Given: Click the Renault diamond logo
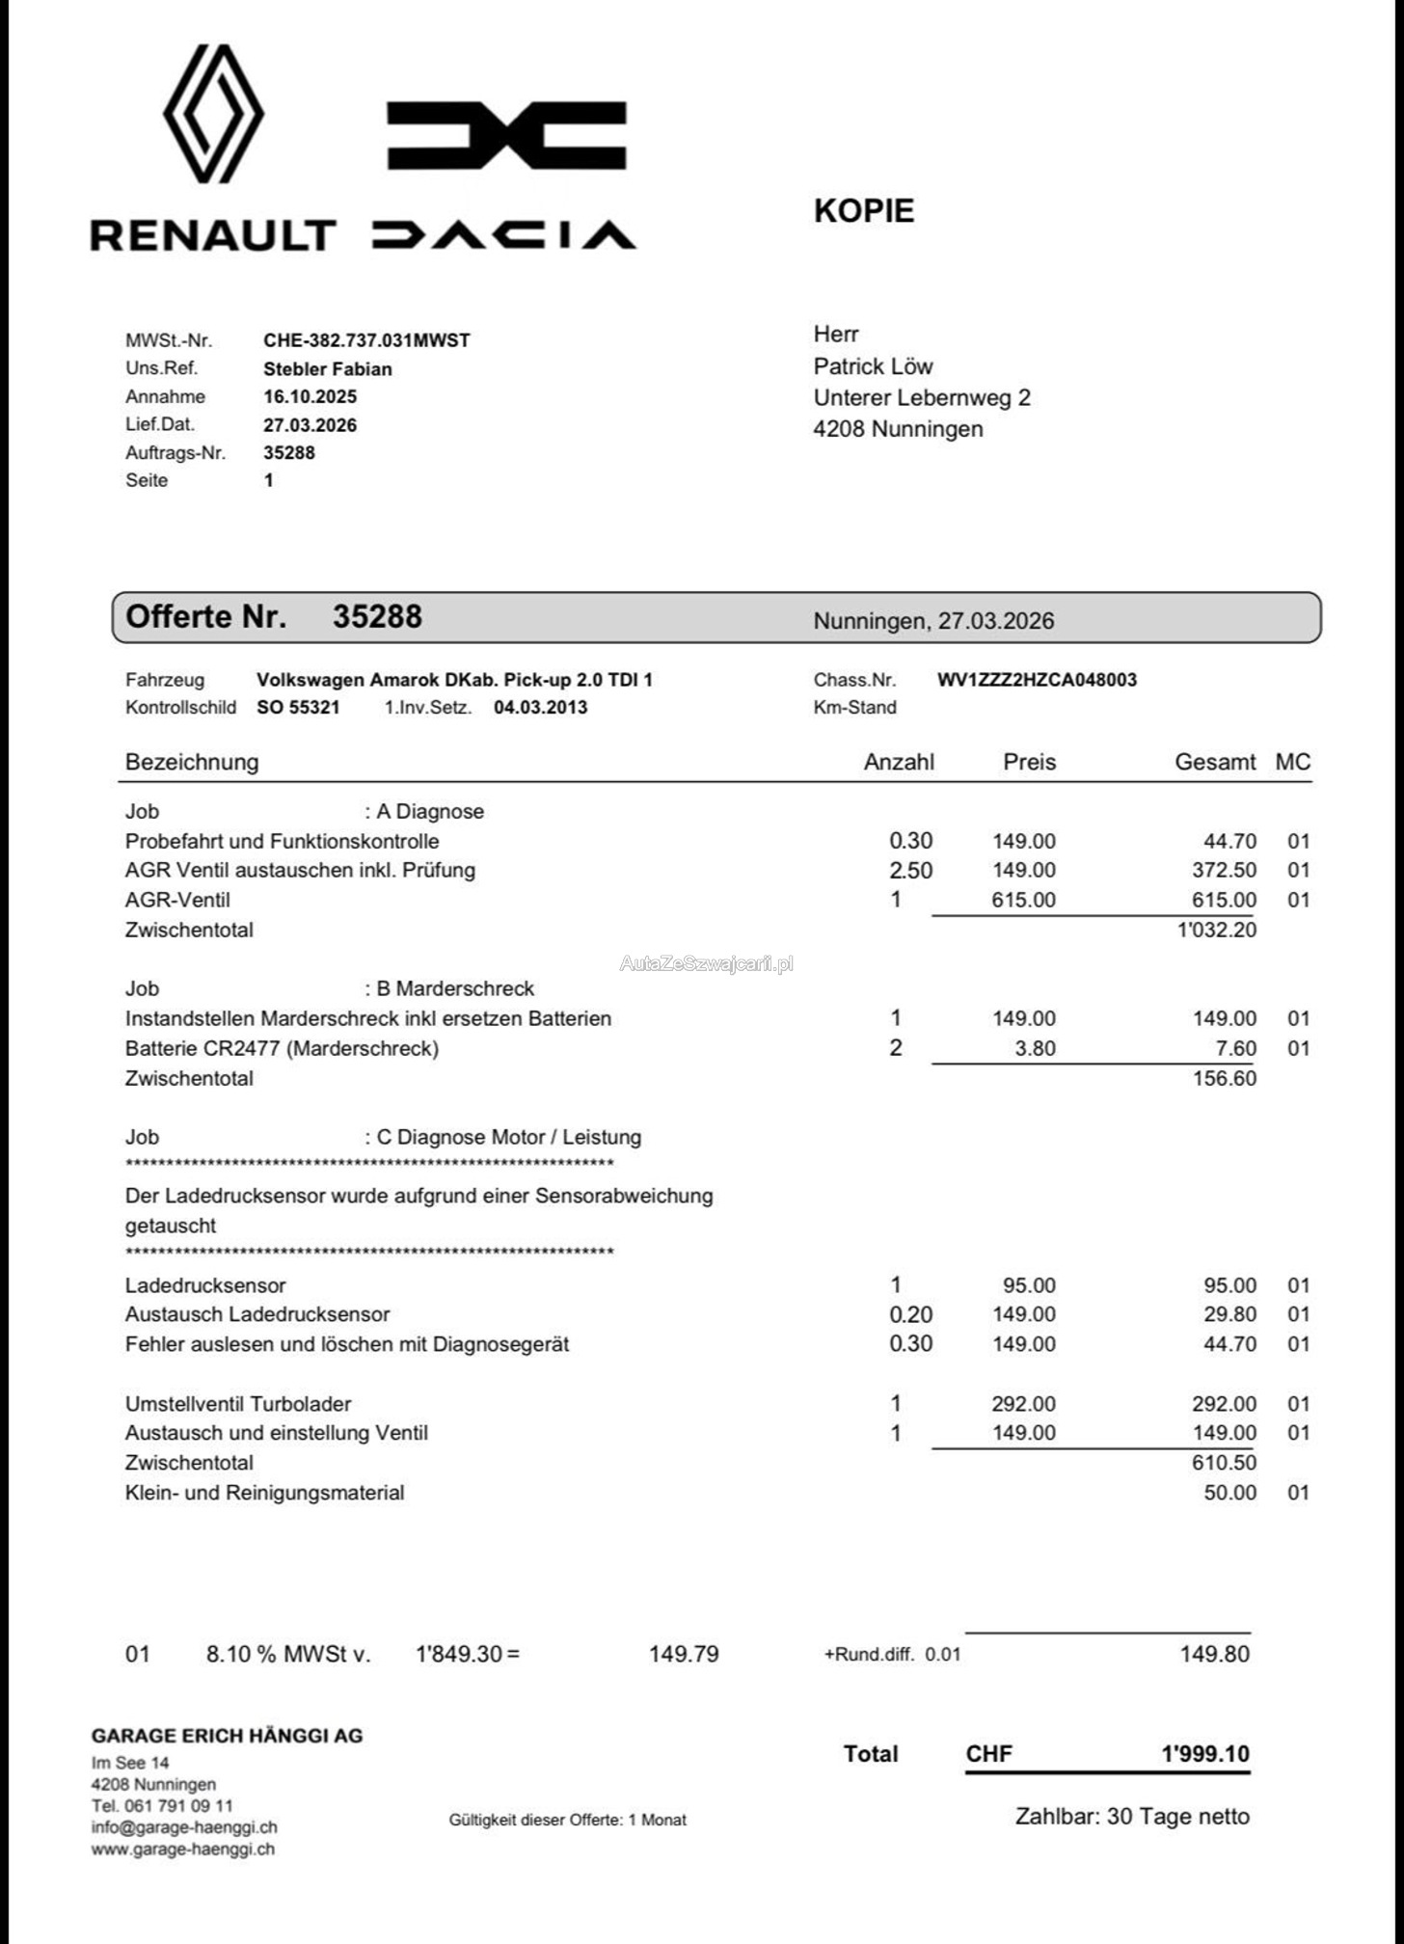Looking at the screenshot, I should click(x=213, y=114).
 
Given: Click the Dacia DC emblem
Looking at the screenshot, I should click(x=506, y=136).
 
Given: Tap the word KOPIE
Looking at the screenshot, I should click(x=863, y=211).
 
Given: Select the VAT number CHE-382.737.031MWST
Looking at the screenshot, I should click(x=366, y=340).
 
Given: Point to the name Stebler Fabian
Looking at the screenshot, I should click(x=327, y=368).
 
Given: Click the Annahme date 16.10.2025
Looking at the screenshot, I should click(x=310, y=396).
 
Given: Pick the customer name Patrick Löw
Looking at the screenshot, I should click(x=873, y=366).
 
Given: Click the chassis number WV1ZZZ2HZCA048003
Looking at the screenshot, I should click(x=1037, y=680).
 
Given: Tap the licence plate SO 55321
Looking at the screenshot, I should click(x=298, y=707).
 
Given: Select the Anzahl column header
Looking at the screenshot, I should click(x=899, y=762).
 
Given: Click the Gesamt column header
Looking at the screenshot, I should click(x=1214, y=762).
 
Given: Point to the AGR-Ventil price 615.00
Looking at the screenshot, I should click(x=1023, y=900).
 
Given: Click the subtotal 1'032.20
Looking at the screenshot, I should click(x=1217, y=930).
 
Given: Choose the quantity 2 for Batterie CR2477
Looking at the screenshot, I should click(x=896, y=1047).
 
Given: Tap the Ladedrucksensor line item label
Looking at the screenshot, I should click(x=205, y=1284).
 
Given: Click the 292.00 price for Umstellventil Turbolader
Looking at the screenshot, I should click(x=1023, y=1403).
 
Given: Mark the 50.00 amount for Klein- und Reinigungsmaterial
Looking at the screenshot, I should click(x=1229, y=1492).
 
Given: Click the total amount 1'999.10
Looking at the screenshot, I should click(x=1204, y=1753).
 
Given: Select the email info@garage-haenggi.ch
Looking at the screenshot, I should click(x=184, y=1826).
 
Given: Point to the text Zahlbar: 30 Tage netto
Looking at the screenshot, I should click(x=1132, y=1816).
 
